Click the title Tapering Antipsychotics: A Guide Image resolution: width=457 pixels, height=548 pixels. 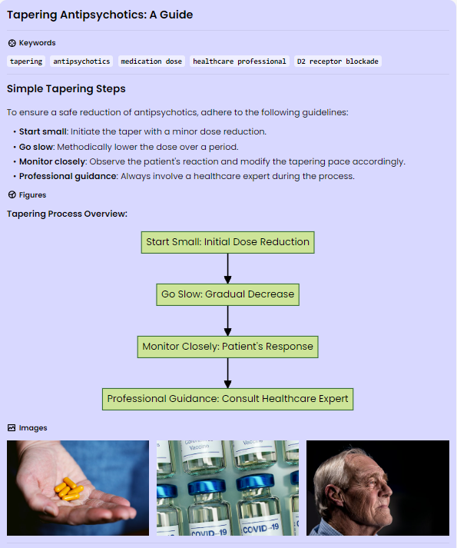tap(100, 15)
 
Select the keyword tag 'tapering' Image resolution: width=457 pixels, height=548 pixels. tap(26, 61)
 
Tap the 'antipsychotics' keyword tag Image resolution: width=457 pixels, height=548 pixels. tap(81, 61)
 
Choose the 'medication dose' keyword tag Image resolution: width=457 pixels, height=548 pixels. tap(151, 61)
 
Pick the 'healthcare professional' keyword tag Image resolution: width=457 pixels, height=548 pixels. tap(240, 61)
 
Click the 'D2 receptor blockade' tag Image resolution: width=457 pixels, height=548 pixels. tap(337, 61)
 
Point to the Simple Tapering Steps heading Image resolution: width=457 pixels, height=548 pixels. tap(66, 88)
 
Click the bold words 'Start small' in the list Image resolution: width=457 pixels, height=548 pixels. tap(42, 131)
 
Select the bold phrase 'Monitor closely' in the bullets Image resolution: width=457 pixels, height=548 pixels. tap(52, 161)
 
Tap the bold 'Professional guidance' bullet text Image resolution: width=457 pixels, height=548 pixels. tap(68, 176)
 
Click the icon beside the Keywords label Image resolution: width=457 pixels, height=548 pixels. tap(12, 43)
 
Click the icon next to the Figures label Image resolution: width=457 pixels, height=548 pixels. tap(12, 194)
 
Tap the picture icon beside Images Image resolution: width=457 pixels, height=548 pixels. tap(12, 428)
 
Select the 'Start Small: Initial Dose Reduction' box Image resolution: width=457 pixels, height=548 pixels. tap(228, 242)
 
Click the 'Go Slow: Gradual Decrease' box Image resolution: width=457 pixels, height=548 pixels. tap(228, 294)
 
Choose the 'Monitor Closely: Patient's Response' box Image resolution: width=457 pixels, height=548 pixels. tap(228, 347)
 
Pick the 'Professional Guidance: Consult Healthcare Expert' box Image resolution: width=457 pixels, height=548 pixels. tap(228, 399)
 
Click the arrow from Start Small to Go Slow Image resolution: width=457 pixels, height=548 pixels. tap(228, 268)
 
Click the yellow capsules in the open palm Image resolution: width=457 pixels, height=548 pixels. tap(68, 489)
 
